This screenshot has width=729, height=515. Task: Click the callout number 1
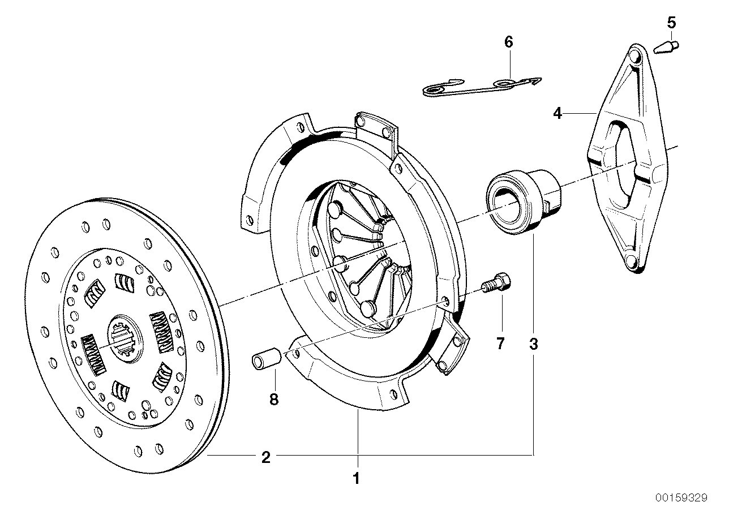356,478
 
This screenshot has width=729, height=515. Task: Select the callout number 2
265,457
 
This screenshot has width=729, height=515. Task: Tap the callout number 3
533,344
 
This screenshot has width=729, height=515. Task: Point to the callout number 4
558,114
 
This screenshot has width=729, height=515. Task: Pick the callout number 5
671,23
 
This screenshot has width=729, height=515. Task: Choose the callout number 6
508,41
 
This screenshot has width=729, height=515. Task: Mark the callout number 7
500,344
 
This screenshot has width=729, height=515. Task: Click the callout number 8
274,400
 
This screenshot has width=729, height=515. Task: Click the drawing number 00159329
681,498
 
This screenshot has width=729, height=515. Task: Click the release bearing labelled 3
524,201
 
